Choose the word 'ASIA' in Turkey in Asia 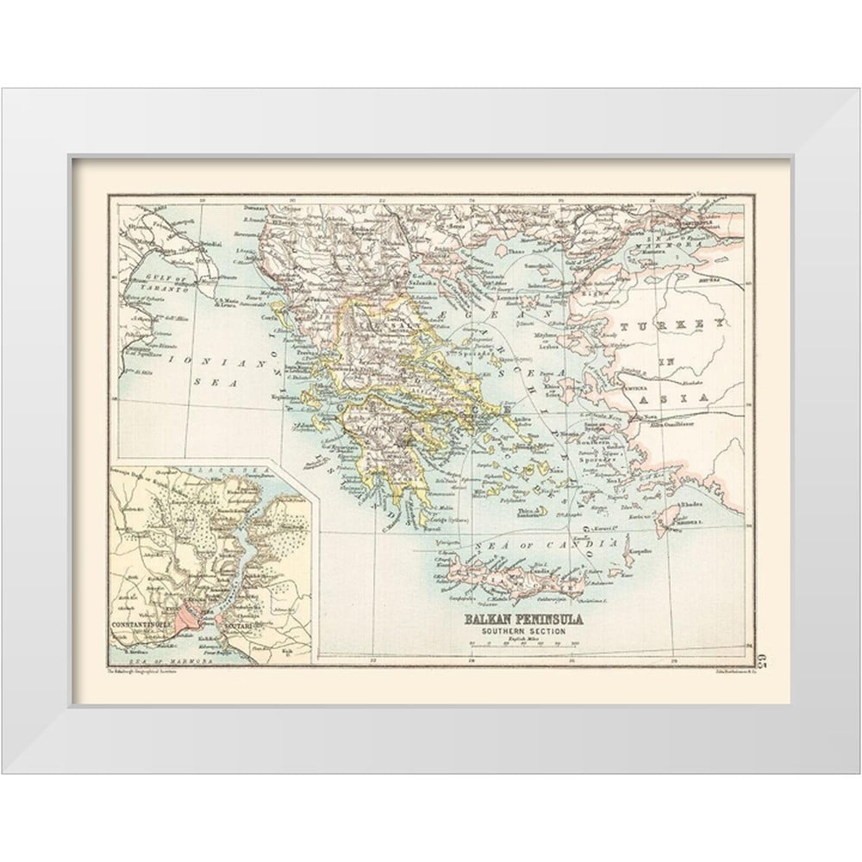(x=690, y=398)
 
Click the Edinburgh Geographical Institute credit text (x=141, y=670)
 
